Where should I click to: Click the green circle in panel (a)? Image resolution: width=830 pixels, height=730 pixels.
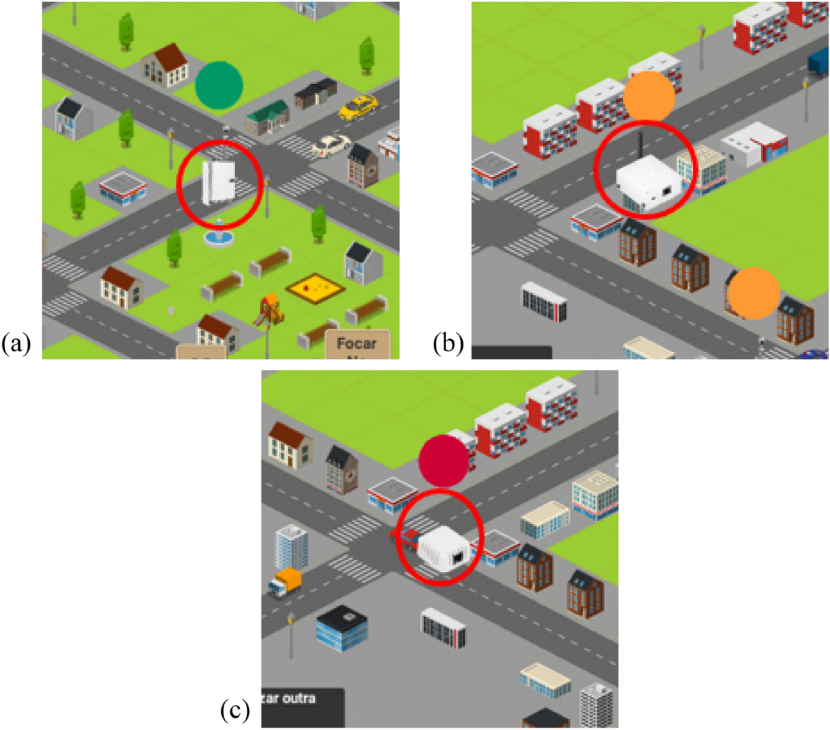[219, 85]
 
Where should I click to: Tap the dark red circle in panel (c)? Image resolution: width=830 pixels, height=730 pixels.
[443, 460]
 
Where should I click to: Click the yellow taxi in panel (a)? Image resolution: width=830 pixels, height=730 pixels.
[358, 107]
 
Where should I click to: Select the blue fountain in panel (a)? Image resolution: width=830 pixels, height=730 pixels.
[219, 235]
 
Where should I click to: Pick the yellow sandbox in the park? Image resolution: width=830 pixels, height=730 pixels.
[315, 286]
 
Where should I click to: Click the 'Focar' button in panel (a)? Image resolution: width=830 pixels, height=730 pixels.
[357, 344]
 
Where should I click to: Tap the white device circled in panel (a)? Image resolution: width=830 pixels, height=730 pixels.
[216, 182]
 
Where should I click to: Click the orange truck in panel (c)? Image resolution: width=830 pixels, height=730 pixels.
[286, 583]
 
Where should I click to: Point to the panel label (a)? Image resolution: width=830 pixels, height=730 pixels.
[16, 343]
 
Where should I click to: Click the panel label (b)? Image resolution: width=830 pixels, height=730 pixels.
[448, 343]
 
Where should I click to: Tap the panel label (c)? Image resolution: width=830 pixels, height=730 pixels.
[234, 709]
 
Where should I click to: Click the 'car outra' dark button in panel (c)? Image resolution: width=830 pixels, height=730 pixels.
[302, 704]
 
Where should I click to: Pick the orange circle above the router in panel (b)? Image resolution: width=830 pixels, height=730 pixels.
[649, 95]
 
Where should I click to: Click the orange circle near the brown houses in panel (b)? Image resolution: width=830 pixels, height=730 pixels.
[753, 293]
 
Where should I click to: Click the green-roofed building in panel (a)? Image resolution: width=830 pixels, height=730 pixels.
[267, 118]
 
